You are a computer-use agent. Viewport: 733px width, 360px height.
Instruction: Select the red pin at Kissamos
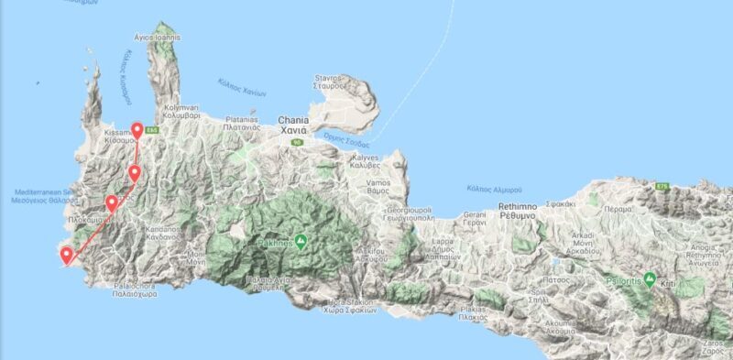[x=137, y=131]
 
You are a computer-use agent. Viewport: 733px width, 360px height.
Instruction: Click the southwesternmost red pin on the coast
[x=66, y=256]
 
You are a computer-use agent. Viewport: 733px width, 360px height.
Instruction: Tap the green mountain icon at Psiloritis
[x=650, y=278]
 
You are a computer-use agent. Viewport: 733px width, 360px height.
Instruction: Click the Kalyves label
[x=365, y=161]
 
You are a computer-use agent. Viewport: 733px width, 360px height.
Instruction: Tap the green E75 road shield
[x=663, y=187]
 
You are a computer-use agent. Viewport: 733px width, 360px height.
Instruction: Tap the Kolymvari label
[x=181, y=112]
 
